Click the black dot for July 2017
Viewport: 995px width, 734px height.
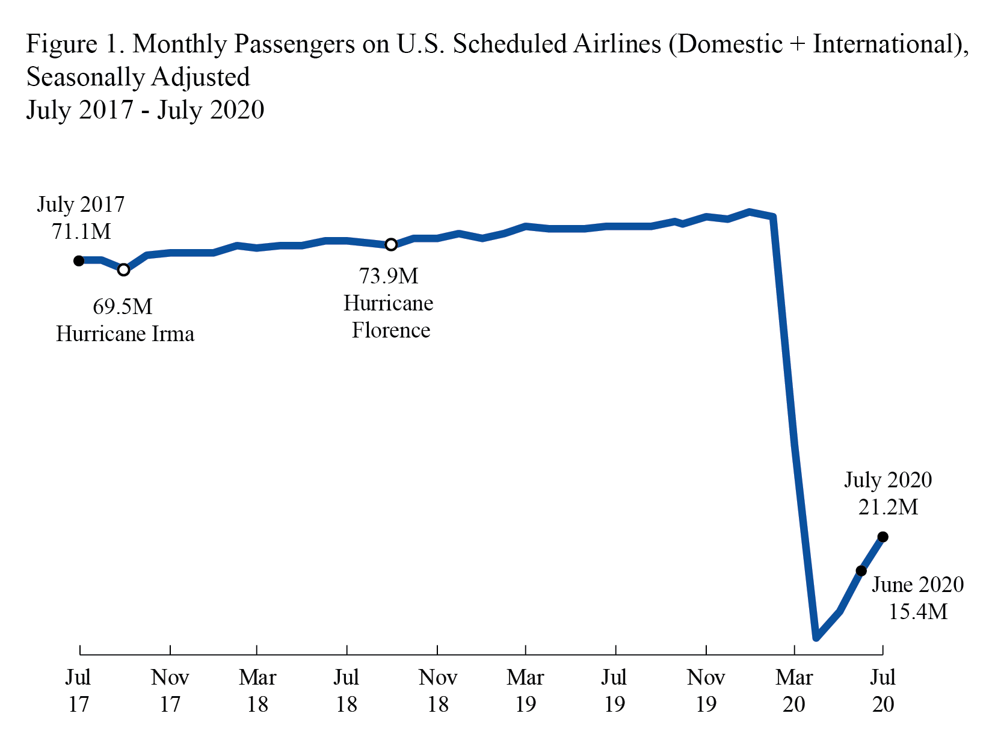(x=79, y=261)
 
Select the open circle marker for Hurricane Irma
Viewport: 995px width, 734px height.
(x=123, y=270)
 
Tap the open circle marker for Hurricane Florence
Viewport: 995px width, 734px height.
(x=391, y=244)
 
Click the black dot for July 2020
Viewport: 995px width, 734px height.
(x=883, y=537)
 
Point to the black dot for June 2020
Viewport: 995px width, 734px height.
(x=861, y=570)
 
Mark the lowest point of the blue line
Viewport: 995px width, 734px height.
(x=816, y=637)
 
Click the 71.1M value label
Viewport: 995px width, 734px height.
(x=81, y=231)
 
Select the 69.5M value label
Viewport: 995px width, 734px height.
(x=122, y=307)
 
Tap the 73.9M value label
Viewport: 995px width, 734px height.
(x=389, y=276)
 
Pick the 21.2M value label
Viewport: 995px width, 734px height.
(x=888, y=507)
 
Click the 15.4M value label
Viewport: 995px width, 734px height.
(x=918, y=612)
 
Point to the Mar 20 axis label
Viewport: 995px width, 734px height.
(x=794, y=690)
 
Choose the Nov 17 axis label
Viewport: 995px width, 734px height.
(x=170, y=690)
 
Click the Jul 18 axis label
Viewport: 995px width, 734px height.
(x=347, y=690)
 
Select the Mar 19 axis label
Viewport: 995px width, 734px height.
(x=525, y=690)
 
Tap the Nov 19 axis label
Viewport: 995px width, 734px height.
(x=706, y=690)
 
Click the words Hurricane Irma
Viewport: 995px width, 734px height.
(x=125, y=334)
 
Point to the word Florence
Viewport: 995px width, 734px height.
(x=391, y=330)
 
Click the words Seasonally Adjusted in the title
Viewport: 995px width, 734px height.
(x=138, y=77)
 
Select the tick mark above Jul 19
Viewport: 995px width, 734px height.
(x=615, y=650)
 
